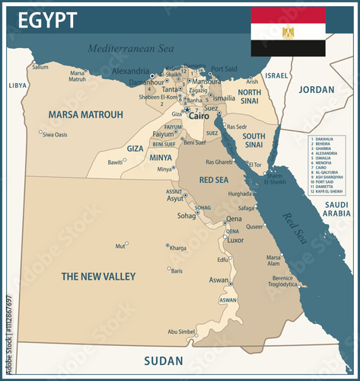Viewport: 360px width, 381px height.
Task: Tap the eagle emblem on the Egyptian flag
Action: (288, 32)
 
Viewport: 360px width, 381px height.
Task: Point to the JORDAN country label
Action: (316, 89)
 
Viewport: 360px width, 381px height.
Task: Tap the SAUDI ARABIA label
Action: (336, 209)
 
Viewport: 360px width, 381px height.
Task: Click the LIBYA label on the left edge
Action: (17, 85)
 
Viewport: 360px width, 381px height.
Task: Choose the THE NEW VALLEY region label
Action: (98, 276)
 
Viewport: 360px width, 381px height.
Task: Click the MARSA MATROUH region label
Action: (85, 115)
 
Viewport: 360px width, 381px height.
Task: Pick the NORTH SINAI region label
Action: (250, 97)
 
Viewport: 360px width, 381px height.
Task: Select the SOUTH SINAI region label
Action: (253, 140)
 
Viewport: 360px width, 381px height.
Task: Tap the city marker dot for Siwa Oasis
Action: (40, 132)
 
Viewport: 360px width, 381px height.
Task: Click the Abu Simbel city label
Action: (181, 331)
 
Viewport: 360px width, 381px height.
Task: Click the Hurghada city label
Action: (240, 194)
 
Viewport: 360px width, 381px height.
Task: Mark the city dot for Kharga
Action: (168, 245)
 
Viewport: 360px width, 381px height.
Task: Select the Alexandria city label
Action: (130, 71)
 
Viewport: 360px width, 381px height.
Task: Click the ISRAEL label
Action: (277, 75)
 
